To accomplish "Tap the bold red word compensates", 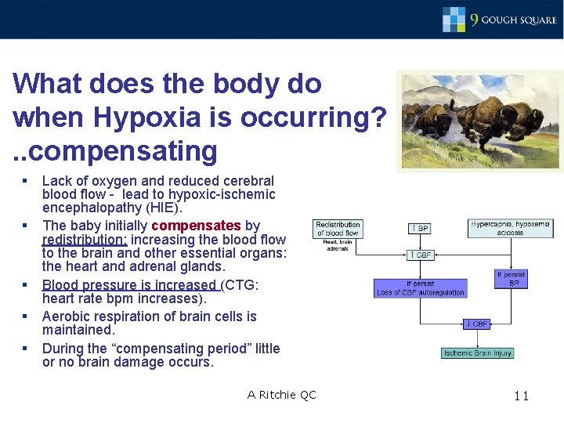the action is coord(195,226).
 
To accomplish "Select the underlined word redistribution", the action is coord(84,240).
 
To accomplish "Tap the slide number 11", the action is coord(522,396).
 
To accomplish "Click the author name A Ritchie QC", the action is coord(281,395).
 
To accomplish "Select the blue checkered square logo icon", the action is coord(454,19).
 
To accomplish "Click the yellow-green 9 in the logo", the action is coord(475,20).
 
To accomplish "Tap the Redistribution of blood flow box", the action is coord(337,228).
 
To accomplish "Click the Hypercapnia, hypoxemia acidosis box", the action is coord(510,228).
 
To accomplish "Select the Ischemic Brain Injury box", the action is coord(477,352).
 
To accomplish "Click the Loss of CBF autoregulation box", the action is coord(421,288).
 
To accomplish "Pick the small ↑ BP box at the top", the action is coord(420,228).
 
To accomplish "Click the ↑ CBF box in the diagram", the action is coord(420,255).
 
